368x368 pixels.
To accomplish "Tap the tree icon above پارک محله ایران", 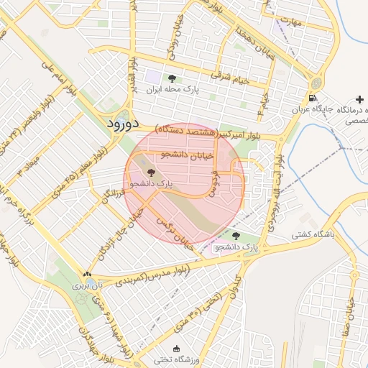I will click(x=171, y=78).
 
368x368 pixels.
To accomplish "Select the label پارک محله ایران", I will click(x=171, y=91).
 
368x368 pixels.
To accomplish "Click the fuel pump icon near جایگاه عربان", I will click(x=311, y=98).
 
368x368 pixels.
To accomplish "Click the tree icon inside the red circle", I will click(x=150, y=172).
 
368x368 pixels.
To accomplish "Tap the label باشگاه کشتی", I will click(x=310, y=235).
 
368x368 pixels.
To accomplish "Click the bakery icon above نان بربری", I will click(x=87, y=274).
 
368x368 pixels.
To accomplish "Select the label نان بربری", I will click(x=87, y=285).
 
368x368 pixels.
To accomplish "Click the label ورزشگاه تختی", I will click(x=177, y=359).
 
